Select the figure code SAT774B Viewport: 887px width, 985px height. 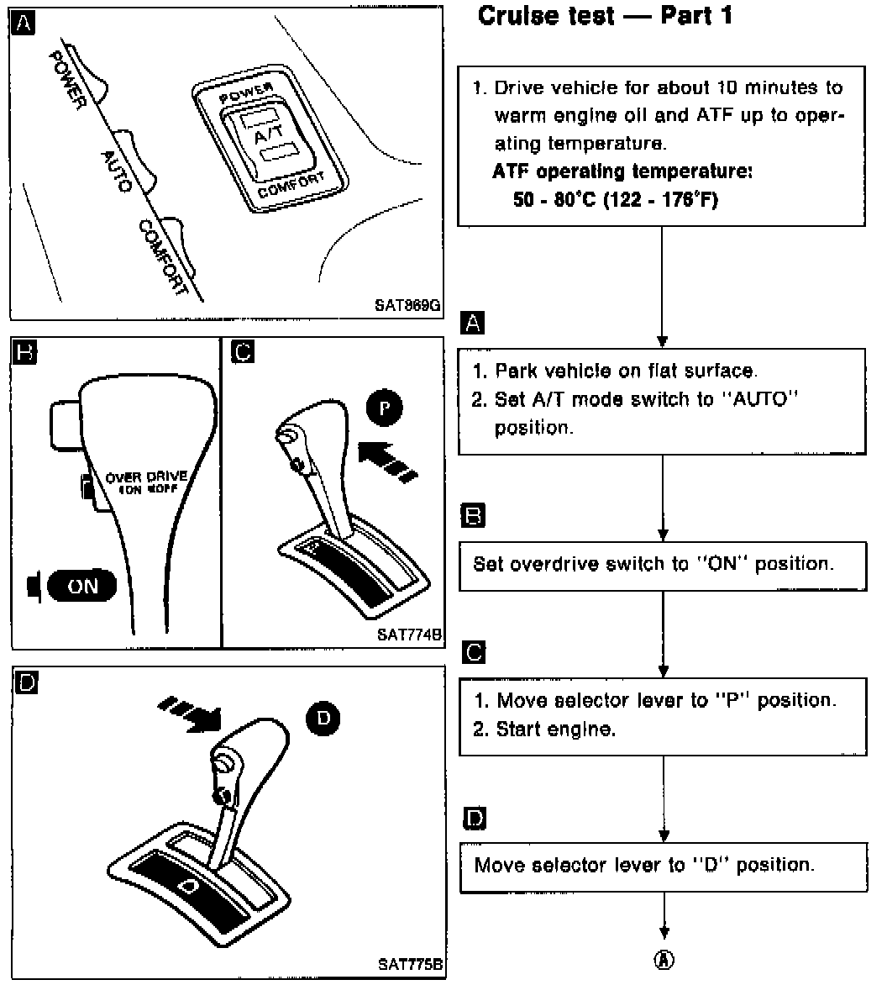(409, 635)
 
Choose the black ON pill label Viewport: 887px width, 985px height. (81, 586)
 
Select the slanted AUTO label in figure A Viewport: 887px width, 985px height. (116, 171)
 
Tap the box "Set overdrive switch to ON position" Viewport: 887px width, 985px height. (662, 565)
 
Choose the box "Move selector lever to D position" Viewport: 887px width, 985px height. (662, 866)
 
